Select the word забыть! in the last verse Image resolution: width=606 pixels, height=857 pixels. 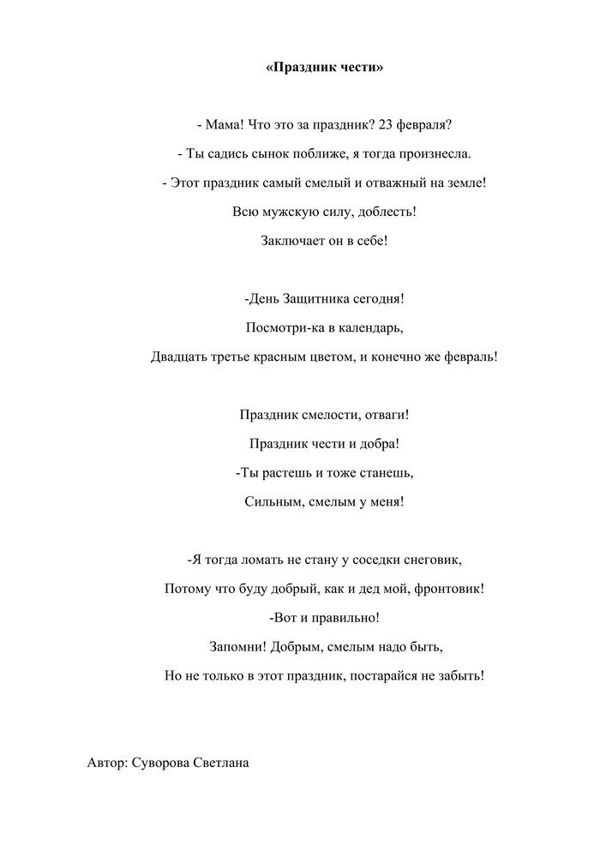pyautogui.click(x=459, y=675)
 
